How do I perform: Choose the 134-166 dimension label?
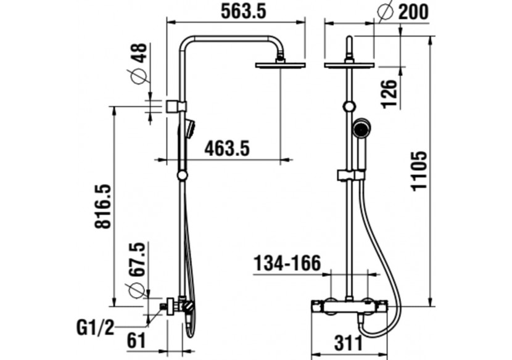coord(287,264)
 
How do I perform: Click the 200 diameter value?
coord(414,11)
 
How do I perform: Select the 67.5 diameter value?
coord(137,260)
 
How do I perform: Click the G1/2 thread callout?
coord(94,326)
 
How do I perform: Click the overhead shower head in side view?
coord(280,65)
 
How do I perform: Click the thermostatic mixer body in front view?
coord(349,306)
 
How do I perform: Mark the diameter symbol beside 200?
coord(386,11)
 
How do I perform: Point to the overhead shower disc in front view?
coord(349,64)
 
